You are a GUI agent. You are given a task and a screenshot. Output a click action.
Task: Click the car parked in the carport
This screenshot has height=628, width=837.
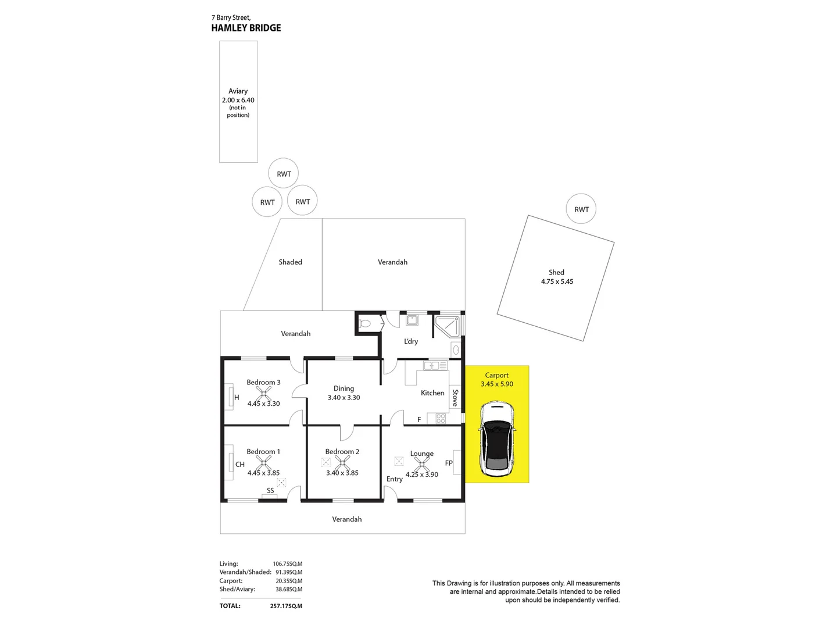[x=496, y=438]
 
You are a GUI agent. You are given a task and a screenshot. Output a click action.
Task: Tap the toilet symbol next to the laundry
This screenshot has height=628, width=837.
[x=366, y=324]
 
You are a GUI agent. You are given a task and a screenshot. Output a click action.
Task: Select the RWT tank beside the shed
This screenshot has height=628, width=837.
[x=581, y=209]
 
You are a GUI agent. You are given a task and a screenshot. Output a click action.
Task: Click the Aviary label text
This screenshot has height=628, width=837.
[x=238, y=91]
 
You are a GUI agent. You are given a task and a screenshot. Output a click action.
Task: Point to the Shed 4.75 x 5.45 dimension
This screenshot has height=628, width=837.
[x=557, y=281]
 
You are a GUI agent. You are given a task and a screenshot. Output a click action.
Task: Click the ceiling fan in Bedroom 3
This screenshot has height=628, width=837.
[x=263, y=394]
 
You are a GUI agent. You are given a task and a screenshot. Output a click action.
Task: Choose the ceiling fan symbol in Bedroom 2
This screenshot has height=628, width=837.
[x=342, y=463]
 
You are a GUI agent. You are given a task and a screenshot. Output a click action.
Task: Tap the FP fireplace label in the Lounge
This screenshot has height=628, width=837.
[x=449, y=463]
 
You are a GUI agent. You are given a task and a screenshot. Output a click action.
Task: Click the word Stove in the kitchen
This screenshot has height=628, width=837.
[x=455, y=398]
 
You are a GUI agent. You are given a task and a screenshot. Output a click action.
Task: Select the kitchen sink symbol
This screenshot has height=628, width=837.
[x=432, y=366]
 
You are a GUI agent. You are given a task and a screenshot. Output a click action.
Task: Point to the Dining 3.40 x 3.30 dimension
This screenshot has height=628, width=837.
[x=344, y=398]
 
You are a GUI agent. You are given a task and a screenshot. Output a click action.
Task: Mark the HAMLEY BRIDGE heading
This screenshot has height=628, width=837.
[x=246, y=28]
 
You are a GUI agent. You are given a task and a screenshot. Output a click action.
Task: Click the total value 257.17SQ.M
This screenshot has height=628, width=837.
[x=286, y=606]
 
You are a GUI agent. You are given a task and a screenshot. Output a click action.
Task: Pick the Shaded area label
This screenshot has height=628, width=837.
[x=290, y=262]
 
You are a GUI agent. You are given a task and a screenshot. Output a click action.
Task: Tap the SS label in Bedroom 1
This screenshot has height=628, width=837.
[x=270, y=491]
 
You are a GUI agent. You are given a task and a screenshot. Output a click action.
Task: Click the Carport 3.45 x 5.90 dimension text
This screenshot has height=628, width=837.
[x=497, y=384]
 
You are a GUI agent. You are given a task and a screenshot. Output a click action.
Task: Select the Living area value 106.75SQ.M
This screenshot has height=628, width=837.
[x=287, y=563]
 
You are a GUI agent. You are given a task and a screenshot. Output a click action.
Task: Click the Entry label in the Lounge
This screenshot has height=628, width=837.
[x=394, y=479]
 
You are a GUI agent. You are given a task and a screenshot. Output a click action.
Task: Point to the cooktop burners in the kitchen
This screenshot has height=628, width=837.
[x=440, y=418]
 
